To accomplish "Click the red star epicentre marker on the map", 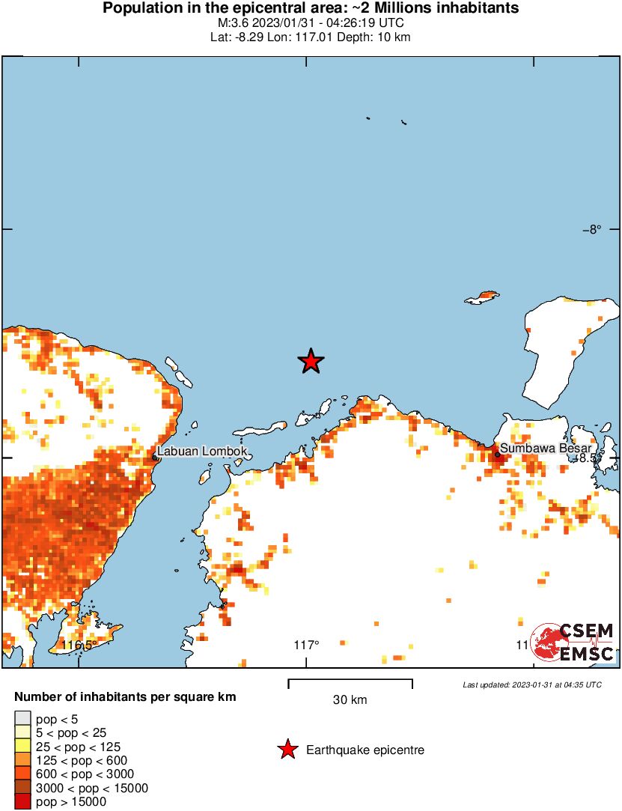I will coord(311,362).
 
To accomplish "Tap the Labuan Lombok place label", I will coord(201,452).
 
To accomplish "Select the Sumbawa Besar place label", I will coord(546,448).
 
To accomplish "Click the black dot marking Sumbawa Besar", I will coord(497,454).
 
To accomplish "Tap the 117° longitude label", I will coord(306,645).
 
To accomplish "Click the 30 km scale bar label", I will coord(350,700).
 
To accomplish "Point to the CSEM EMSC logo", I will coord(573,643).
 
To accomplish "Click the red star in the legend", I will coord(287,750).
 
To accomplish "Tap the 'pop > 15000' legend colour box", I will coord(23,802).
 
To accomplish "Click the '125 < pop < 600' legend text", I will coord(77,760).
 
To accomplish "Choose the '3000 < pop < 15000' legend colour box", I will coord(23,788).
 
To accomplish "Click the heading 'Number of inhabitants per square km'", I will coord(125,697).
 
